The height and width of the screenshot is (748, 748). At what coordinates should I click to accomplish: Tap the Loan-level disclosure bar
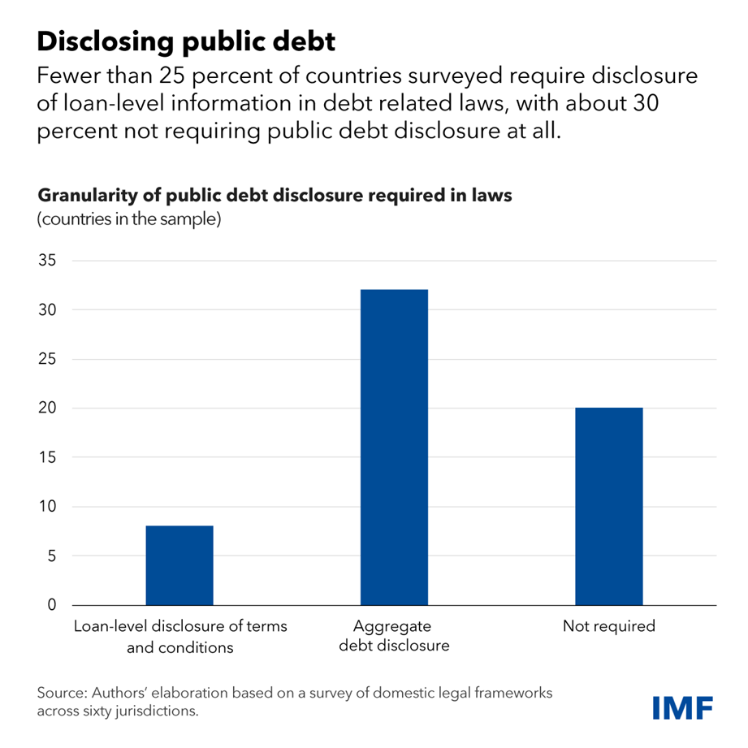(x=179, y=565)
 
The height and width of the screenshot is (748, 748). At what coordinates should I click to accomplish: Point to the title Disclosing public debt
(x=186, y=41)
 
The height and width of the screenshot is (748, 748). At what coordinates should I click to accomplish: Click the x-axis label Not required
(x=608, y=627)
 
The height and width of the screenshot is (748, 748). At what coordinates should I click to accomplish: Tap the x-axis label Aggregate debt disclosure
(x=394, y=637)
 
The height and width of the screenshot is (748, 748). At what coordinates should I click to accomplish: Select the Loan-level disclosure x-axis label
(x=180, y=637)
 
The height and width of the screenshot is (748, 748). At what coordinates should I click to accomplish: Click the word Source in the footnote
(x=61, y=694)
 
